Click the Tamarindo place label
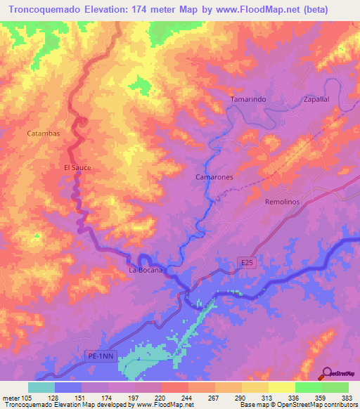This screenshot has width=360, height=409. pos(248,100)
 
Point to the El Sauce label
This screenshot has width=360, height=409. pos(78,168)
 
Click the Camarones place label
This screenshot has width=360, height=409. pos(214,178)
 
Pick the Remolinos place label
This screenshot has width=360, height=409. pos(282,202)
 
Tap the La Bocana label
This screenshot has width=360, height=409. pos(146,270)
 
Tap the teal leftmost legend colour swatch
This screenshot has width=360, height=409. pos(41,387)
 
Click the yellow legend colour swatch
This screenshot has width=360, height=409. pos(281,387)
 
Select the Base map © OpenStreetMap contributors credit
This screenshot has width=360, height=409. pos(297,405)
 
